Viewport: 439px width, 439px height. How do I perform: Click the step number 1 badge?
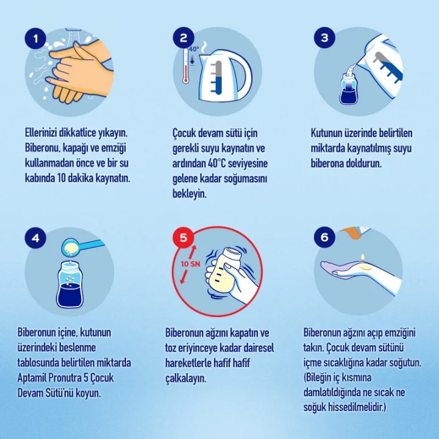35,38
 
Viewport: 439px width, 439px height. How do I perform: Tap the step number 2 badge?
184,38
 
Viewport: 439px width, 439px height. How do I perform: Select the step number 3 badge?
324,38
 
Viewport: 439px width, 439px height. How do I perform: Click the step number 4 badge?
35,238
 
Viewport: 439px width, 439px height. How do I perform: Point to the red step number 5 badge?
184,237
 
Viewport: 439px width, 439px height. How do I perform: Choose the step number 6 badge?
324,237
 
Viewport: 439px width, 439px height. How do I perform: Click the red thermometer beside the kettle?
185,66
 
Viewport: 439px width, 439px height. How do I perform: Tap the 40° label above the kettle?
194,49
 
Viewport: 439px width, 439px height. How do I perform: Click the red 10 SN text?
190,264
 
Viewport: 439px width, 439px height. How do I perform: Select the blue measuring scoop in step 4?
82,246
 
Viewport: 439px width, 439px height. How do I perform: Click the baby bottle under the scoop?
70,285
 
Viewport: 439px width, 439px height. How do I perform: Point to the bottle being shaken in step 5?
224,269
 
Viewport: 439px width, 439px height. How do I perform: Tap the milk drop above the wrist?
363,257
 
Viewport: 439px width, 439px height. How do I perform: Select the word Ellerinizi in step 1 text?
41,133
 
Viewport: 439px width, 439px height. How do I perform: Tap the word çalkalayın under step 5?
185,379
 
